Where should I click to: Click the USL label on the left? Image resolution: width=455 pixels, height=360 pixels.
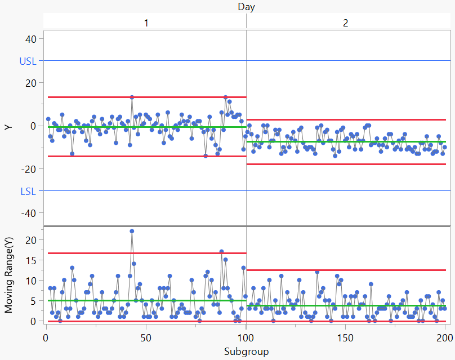[x=28, y=61]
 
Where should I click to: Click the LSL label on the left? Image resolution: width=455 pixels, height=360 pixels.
[x=28, y=191]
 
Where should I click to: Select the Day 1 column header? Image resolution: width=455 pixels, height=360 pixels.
[x=145, y=23]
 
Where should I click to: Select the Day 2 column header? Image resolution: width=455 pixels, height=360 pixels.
[x=345, y=23]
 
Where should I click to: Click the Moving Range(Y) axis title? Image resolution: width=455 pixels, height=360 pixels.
[x=8, y=274]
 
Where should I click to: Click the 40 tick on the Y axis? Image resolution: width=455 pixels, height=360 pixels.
[x=30, y=39]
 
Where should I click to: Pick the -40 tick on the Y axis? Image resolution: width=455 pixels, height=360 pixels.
[x=28, y=213]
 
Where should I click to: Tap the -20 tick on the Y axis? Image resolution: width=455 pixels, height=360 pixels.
[x=28, y=170]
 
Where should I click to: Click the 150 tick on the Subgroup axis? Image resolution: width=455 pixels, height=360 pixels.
[x=345, y=338]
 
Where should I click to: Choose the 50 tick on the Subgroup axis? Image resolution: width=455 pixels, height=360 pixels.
[x=145, y=338]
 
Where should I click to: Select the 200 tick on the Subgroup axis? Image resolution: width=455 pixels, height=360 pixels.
[x=444, y=338]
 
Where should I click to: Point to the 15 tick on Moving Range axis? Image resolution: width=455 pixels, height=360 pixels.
[x=32, y=260]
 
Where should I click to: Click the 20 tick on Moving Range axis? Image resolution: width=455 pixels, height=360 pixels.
[x=32, y=240]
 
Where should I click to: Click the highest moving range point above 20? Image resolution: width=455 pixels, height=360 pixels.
[x=132, y=231]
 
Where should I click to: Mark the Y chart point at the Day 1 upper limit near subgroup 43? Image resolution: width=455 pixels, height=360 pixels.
[x=132, y=97]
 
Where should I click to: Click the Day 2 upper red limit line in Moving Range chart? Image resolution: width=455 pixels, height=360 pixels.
[x=346, y=270]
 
